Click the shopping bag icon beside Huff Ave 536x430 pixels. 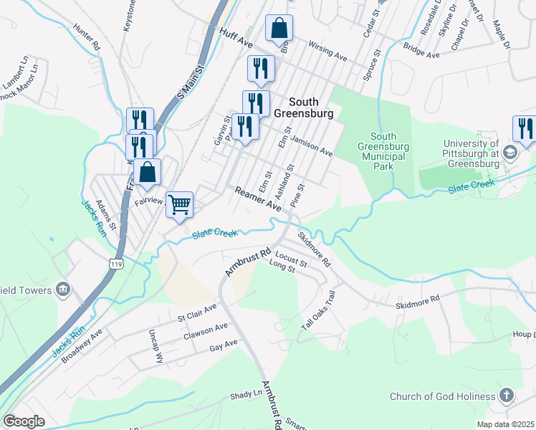tap(279, 29)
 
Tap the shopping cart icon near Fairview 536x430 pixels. tap(178, 204)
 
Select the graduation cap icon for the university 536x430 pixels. tap(509, 152)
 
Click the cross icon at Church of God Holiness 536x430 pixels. tap(506, 396)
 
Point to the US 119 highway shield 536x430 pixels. tap(116, 264)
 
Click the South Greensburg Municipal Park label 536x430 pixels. tap(384, 151)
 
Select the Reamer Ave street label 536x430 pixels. tap(257, 198)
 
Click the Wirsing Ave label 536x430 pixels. tap(327, 51)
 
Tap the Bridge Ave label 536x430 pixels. tap(421, 51)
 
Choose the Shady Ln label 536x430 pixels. tap(247, 394)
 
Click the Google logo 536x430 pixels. tap(24, 421)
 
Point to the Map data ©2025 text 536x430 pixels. tap(504, 424)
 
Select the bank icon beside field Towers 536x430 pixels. tap(62, 289)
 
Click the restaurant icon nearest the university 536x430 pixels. tap(525, 128)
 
